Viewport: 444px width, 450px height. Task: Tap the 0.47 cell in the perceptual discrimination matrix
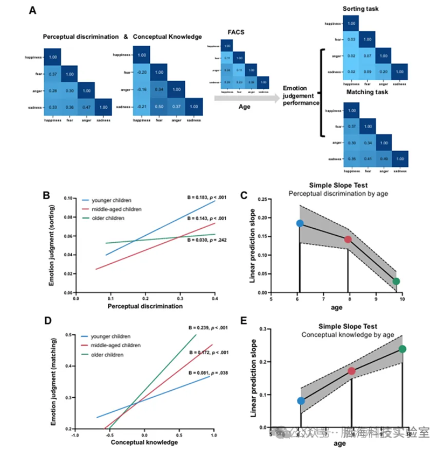[86, 107]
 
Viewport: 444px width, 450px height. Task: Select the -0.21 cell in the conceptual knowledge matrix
[141, 107]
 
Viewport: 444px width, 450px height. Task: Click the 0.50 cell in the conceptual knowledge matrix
[160, 107]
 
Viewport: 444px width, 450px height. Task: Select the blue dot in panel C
[300, 223]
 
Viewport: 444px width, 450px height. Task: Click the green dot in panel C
[397, 282]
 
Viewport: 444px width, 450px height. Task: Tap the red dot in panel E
[352, 371]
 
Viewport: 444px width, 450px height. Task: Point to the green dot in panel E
[403, 349]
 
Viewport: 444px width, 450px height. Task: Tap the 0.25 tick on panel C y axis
[264, 199]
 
